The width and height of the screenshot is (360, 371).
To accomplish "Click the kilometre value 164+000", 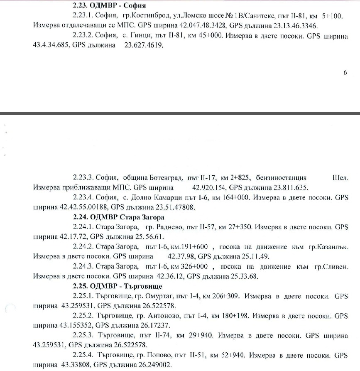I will [236, 197].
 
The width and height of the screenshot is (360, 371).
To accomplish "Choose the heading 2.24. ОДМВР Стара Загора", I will [118, 217].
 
